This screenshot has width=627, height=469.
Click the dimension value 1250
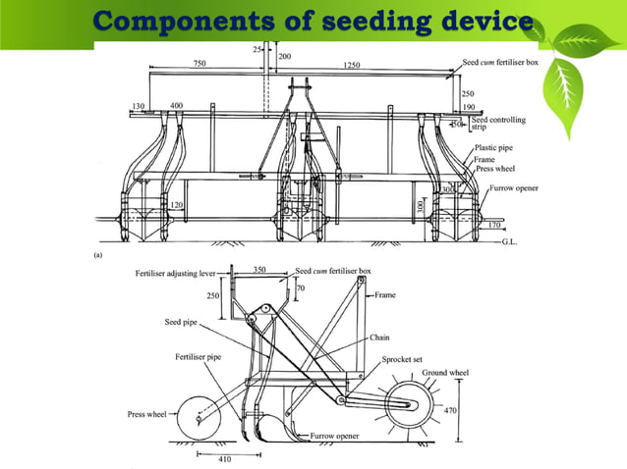352,65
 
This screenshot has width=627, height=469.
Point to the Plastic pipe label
494,147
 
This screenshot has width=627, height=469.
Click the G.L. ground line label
512,239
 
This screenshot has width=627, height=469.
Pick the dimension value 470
451,410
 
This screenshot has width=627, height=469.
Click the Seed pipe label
183,321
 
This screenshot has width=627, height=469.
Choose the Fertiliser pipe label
196,356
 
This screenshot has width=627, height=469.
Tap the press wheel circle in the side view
198,419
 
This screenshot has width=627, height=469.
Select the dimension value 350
259,269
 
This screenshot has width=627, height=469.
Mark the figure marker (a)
98,253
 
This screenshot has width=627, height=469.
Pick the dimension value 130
138,105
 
